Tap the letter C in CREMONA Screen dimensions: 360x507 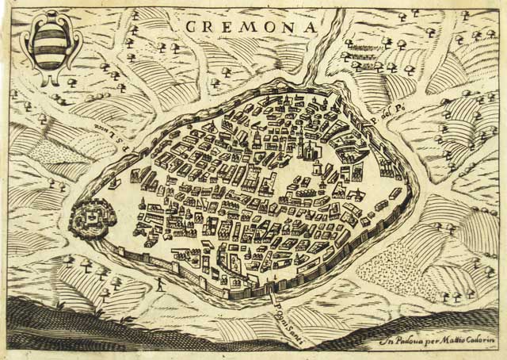coord(191,26)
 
